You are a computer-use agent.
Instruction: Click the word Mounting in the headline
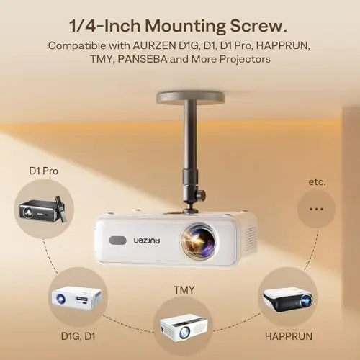(x=185, y=26)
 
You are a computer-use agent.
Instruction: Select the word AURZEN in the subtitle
(x=154, y=45)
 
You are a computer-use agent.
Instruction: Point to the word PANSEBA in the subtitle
(x=143, y=59)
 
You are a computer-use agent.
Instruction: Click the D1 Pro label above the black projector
(x=43, y=171)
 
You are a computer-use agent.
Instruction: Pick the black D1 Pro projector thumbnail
(x=42, y=210)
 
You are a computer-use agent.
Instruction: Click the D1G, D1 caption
(x=78, y=336)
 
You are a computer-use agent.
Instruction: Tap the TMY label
(x=184, y=290)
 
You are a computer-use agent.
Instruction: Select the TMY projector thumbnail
(x=184, y=325)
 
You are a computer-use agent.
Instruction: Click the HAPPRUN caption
(x=289, y=336)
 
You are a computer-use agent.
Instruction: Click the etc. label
(x=318, y=182)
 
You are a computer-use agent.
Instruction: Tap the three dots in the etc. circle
(x=316, y=209)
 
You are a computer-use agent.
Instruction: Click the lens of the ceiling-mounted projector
(x=199, y=240)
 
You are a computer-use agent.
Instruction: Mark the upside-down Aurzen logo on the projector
(x=146, y=240)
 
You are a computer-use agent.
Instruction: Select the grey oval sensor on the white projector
(x=117, y=240)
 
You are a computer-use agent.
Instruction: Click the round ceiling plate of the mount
(x=191, y=97)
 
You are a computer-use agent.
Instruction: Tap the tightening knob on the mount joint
(x=201, y=194)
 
